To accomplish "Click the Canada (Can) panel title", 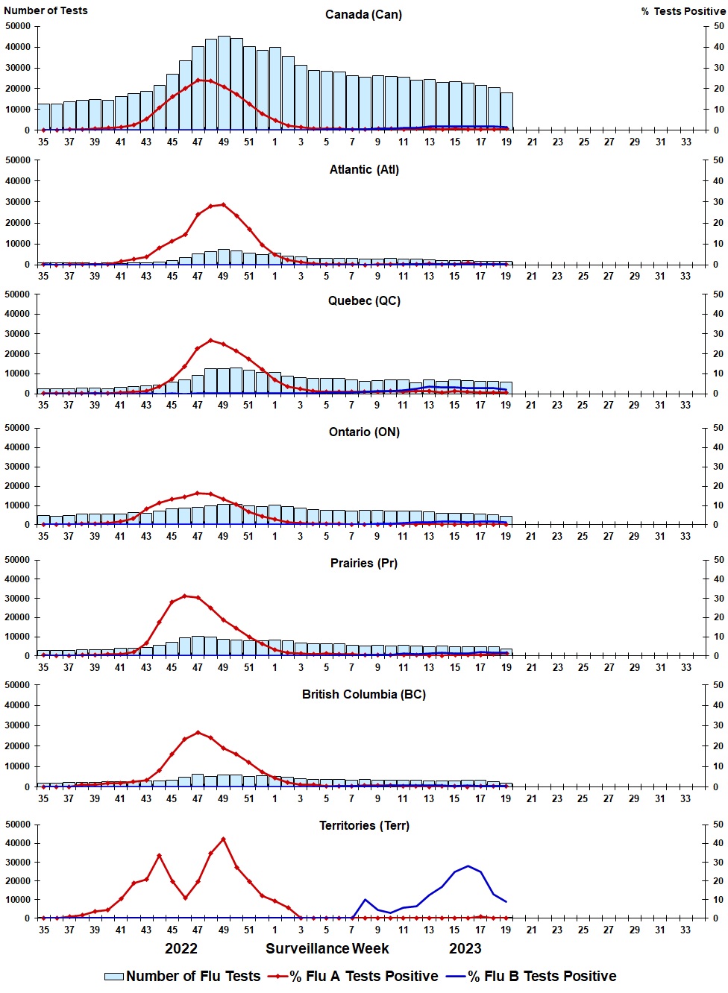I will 363,14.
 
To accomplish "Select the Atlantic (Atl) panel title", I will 364,169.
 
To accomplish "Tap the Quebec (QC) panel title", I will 364,300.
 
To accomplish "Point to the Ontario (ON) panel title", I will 364,432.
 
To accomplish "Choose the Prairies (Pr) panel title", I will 364,563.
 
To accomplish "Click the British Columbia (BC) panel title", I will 364,694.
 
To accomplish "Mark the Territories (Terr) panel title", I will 364,825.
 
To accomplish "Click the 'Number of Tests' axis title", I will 45,10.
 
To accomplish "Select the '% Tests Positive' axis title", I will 682,11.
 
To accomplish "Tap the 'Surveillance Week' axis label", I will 327,948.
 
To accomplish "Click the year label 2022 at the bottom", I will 181,948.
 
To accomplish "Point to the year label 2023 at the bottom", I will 465,948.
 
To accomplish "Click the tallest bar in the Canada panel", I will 224,82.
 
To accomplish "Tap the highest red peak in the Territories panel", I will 223,839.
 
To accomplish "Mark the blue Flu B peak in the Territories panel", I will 468,866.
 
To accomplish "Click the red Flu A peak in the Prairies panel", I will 185,596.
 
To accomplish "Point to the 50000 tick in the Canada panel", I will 18,26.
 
